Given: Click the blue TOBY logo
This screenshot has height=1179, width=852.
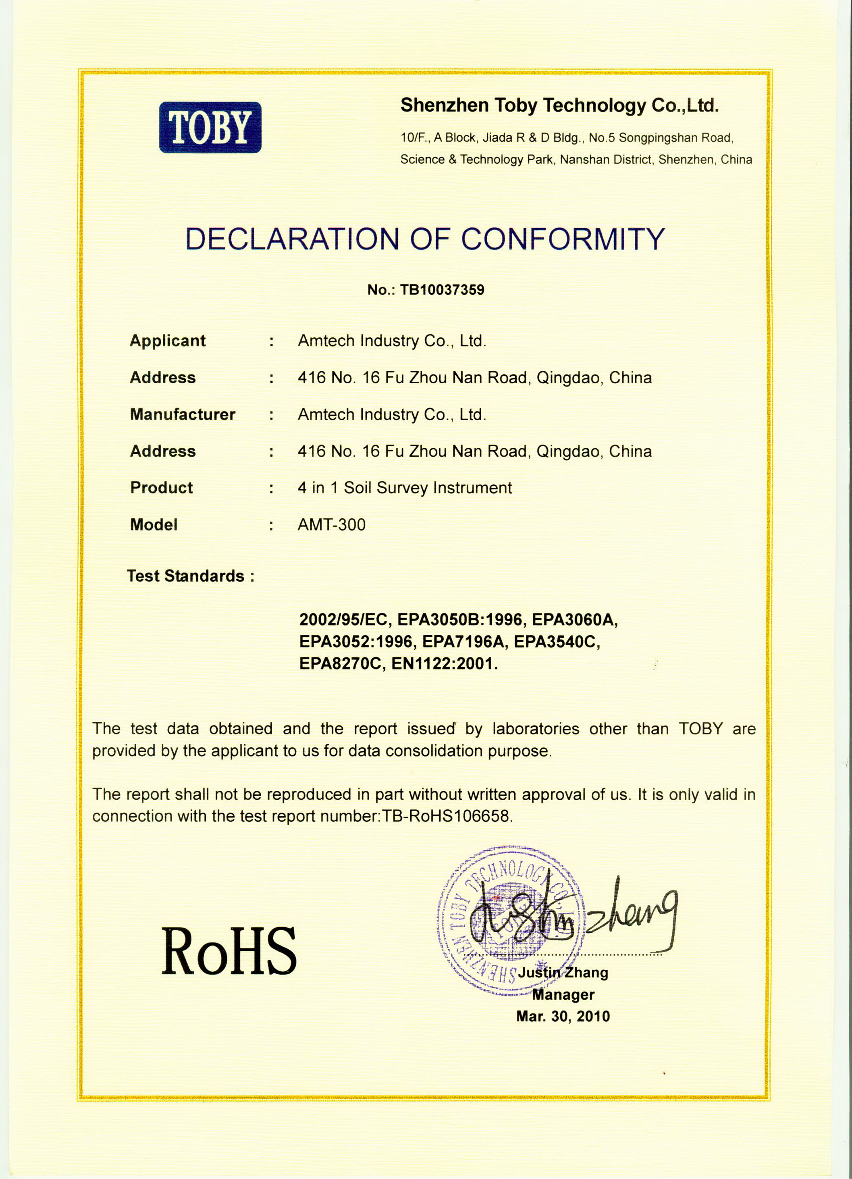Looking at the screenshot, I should (x=210, y=127).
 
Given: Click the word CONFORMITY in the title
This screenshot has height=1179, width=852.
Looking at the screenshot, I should (x=563, y=239).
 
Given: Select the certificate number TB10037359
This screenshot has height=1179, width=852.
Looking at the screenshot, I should (x=442, y=289).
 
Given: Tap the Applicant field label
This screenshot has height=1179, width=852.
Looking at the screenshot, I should (x=167, y=341).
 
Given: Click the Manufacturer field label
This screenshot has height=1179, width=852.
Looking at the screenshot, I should (x=183, y=414).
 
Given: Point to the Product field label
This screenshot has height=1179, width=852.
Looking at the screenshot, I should (x=161, y=488).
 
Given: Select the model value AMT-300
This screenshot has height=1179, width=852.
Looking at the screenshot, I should (x=331, y=524).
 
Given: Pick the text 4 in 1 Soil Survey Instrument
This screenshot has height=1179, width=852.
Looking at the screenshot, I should (x=404, y=488).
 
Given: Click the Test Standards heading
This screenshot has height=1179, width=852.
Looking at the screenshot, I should (x=190, y=576).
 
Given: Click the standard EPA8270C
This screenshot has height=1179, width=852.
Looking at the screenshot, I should (x=341, y=664).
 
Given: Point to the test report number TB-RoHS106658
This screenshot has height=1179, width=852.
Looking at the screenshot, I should (x=447, y=816).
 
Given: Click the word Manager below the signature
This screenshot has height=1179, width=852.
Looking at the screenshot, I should (x=563, y=994).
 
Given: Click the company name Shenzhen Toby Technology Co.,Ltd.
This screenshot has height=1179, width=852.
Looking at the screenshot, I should (x=559, y=106).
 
